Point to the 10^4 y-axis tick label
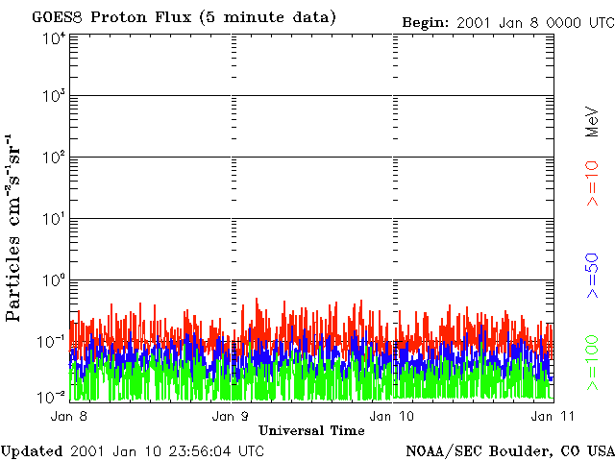click(x=53, y=38)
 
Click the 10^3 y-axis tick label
click(x=53, y=96)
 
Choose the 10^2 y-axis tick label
click(x=53, y=158)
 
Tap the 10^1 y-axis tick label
click(x=53, y=219)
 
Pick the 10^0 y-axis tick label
click(x=53, y=280)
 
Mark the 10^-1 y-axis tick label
click(x=52, y=342)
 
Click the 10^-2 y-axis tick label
click(x=52, y=397)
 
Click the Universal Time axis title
click(x=311, y=430)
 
